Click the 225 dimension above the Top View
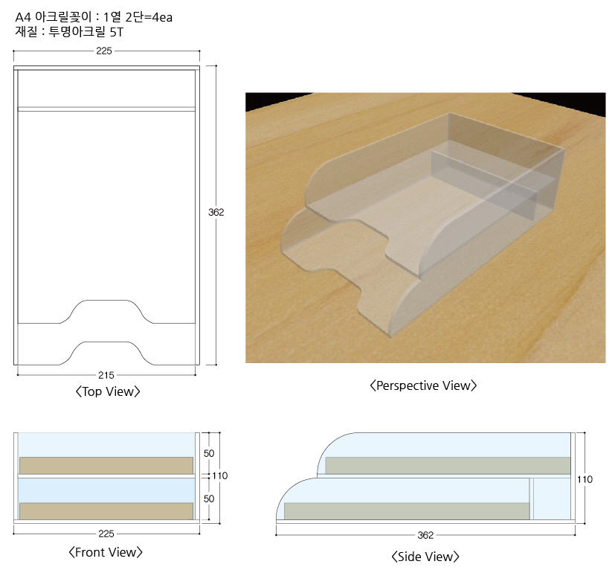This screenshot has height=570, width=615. click(104, 51)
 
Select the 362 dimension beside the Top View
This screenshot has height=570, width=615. click(216, 212)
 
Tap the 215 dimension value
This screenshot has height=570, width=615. click(106, 375)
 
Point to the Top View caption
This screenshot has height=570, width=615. click(108, 391)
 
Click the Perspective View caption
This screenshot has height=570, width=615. click(423, 385)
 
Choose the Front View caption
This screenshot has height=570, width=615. click(106, 552)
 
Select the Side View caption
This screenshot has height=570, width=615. click(425, 557)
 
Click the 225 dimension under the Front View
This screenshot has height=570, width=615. click(106, 534)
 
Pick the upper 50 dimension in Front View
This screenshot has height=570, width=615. click(209, 453)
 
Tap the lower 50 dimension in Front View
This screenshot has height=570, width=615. click(209, 499)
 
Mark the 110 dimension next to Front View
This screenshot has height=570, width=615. click(220, 476)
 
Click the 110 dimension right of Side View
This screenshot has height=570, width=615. click(585, 480)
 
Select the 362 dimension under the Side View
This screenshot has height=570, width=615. click(425, 536)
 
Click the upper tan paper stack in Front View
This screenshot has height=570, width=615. click(106, 466)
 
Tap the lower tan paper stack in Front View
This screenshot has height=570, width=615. click(106, 511)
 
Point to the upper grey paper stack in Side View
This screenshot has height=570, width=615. click(448, 466)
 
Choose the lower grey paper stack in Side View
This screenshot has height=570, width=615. click(407, 511)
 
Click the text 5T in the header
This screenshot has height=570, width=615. click(117, 32)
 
